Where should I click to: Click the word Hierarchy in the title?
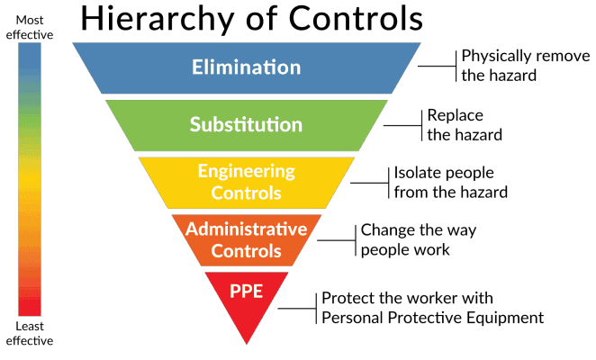click(x=161, y=19)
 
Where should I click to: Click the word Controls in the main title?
click(x=356, y=18)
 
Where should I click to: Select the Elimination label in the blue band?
click(x=247, y=67)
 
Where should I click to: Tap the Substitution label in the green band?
click(x=247, y=124)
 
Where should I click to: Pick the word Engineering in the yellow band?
click(x=247, y=172)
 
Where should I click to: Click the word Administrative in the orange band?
click(x=247, y=229)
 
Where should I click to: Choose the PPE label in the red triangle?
click(x=247, y=292)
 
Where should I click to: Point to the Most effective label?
click(x=30, y=27)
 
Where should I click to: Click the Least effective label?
click(x=30, y=333)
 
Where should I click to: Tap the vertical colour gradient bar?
click(x=30, y=179)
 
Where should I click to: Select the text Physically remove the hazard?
click(x=526, y=66)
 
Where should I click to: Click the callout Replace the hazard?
click(x=465, y=125)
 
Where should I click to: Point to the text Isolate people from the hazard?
click(x=450, y=182)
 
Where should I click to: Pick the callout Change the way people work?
click(x=418, y=239)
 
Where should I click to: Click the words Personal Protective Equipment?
click(x=432, y=318)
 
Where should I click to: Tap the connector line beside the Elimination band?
click(x=437, y=66)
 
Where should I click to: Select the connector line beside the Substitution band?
click(x=402, y=125)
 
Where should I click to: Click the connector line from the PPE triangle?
click(x=297, y=309)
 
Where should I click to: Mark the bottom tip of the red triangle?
click(x=247, y=345)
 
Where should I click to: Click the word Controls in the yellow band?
click(x=247, y=193)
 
